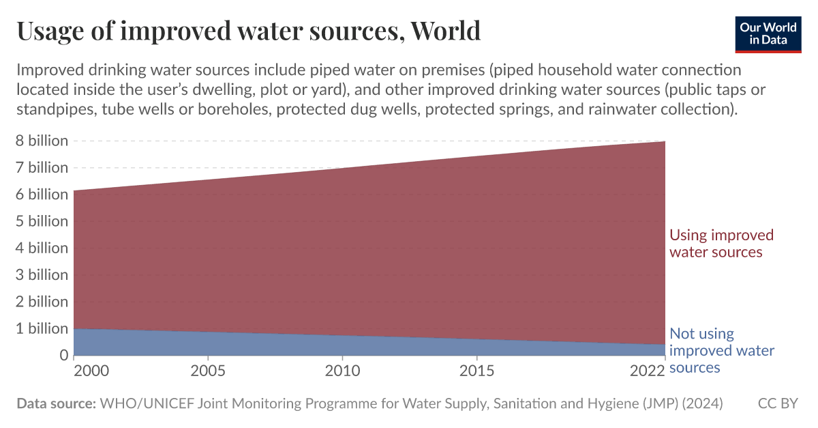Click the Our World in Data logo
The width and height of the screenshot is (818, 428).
[x=768, y=32]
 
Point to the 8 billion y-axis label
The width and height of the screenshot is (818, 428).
[x=42, y=141]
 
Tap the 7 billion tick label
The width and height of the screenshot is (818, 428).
[x=42, y=168]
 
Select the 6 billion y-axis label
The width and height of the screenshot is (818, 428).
[x=42, y=195]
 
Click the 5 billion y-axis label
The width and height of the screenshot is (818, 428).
[x=42, y=221]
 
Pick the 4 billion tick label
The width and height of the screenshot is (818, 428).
[x=42, y=248]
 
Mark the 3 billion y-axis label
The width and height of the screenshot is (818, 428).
[x=42, y=275]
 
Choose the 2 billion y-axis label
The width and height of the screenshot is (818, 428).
[x=42, y=302]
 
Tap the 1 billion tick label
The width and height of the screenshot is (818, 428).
[x=42, y=328]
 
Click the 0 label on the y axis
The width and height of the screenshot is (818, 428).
[x=63, y=356]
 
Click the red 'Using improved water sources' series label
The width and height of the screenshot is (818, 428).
[x=721, y=244]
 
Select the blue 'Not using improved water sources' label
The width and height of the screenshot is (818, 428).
[x=721, y=351]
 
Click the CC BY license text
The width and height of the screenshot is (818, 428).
[x=777, y=404]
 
